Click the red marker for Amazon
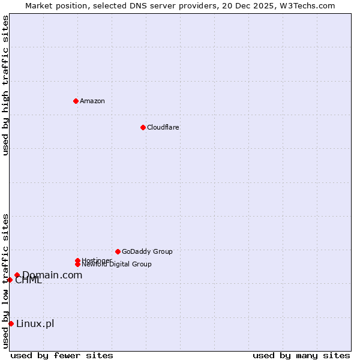pos(76,101)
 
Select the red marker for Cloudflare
pos(143,127)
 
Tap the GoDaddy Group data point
pos(118,251)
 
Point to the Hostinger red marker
pos(77,260)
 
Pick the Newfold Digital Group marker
pos(77,264)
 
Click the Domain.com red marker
pos(17,275)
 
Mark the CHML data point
pos(10,280)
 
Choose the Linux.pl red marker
pos(11,324)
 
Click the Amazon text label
pos(92,101)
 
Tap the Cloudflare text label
pos(163,127)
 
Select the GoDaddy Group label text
pos(147,251)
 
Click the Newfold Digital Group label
pos(116,265)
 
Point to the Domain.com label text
pos(53,275)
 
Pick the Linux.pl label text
pos(35,324)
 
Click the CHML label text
pos(29,281)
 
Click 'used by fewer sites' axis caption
pos(62,355)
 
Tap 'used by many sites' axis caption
pos(301,355)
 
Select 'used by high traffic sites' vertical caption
pos(5,85)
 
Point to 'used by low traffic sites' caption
pos(5,281)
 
